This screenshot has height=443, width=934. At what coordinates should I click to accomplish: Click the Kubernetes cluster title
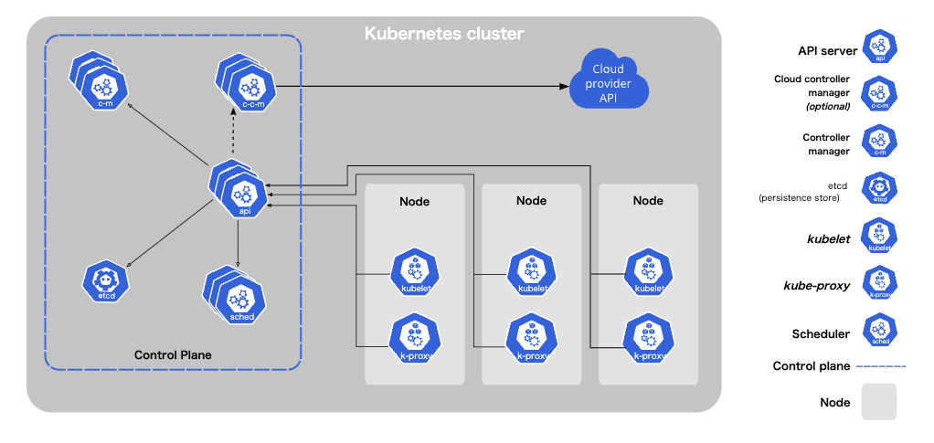[444, 35]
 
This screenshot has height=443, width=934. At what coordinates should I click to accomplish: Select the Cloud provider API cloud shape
[608, 84]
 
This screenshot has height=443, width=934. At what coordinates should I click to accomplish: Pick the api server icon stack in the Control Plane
[242, 193]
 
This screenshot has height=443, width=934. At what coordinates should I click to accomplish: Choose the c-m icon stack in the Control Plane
[102, 86]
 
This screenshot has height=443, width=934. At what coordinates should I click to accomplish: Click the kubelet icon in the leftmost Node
[416, 273]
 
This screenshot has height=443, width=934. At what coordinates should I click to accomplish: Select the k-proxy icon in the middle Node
[533, 337]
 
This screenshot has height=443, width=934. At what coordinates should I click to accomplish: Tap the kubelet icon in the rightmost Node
[649, 273]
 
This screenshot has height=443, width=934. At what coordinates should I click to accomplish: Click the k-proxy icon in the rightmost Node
[649, 337]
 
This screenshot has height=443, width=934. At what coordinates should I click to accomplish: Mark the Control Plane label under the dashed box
[174, 354]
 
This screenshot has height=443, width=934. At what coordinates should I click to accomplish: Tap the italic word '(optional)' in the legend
[828, 106]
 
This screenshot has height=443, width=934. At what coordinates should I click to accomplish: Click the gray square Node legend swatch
[878, 402]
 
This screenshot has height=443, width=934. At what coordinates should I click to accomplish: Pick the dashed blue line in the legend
[880, 366]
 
